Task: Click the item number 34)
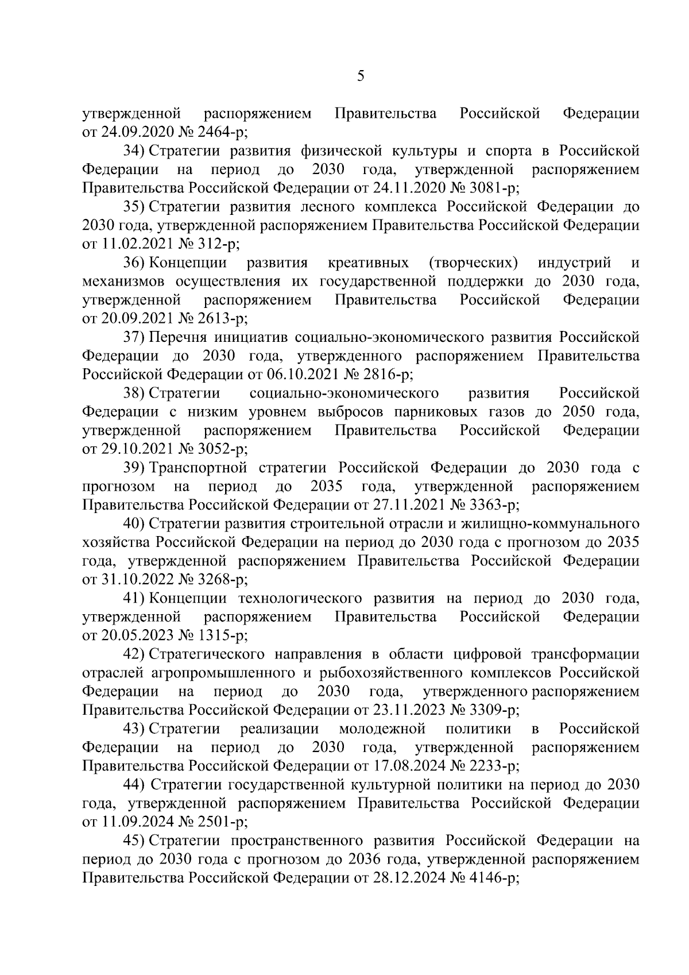(x=136, y=151)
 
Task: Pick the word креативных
(x=368, y=263)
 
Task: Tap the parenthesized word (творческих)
(x=473, y=263)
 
